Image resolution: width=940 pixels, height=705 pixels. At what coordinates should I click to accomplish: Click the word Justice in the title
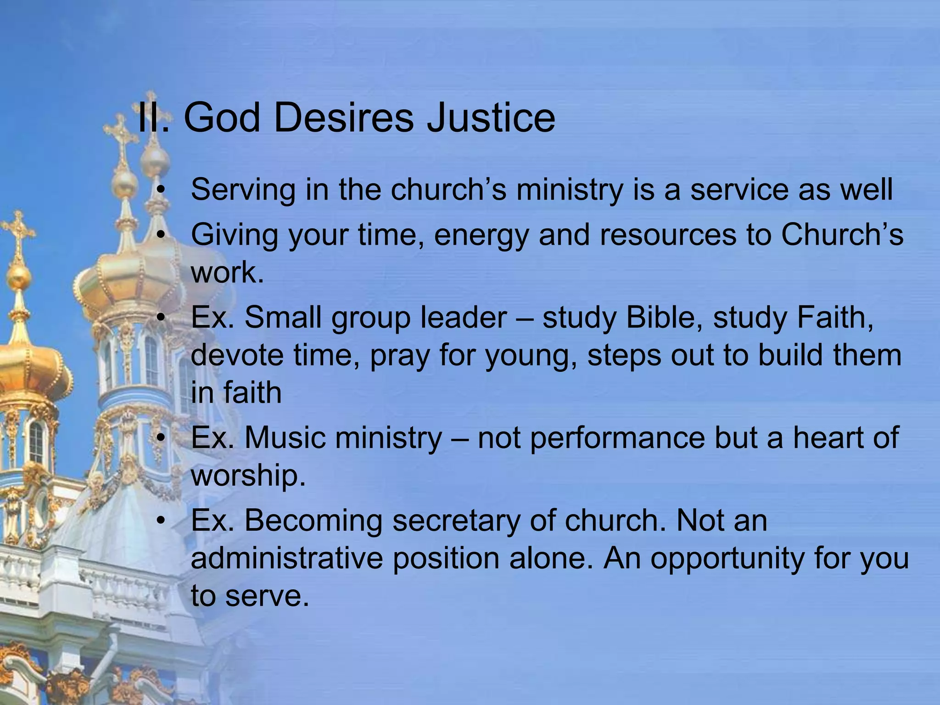[x=491, y=118]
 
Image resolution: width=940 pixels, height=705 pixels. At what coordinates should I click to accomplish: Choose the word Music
[x=285, y=437]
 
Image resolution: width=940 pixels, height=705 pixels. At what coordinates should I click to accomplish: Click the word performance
[x=591, y=438]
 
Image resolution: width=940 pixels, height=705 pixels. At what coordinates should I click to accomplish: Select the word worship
[x=248, y=476]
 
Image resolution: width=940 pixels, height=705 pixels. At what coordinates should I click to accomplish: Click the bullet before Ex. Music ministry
[x=160, y=438]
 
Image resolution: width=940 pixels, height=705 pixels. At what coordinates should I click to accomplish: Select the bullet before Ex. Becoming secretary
[x=160, y=521]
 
